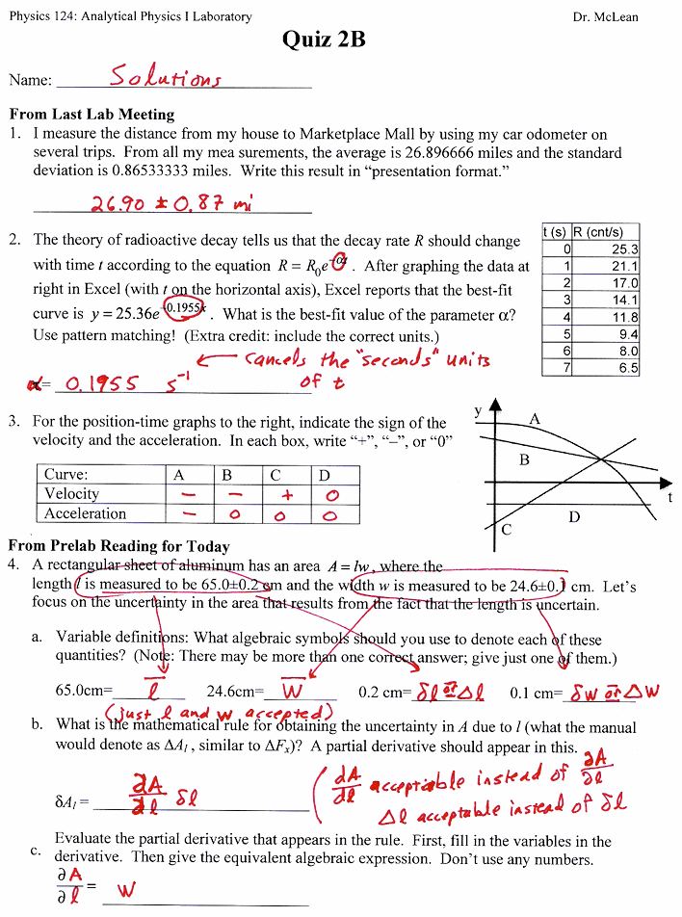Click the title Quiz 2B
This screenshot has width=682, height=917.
(324, 39)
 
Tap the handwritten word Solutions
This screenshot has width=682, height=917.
(165, 76)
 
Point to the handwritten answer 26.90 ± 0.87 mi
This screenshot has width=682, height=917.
(167, 204)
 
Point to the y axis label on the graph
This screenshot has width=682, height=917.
(478, 411)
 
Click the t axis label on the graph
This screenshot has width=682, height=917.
(669, 497)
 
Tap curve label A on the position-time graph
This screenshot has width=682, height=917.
(535, 419)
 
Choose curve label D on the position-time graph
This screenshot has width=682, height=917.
(574, 517)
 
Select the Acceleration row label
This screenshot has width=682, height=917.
(85, 513)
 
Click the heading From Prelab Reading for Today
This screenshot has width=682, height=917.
(118, 546)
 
